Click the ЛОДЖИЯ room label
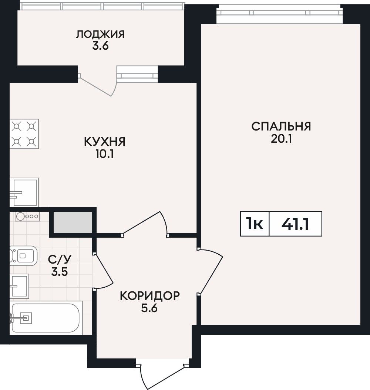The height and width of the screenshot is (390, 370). [100, 34]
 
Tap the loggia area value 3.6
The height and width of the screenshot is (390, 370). [101, 46]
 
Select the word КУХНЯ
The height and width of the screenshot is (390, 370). [105, 142]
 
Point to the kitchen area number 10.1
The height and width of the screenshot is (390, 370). [105, 155]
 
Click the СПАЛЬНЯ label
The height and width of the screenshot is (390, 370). [281, 126]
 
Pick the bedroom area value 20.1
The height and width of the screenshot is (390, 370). [281, 139]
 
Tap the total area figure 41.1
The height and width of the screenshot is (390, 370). [295, 224]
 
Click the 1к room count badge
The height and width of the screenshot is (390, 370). [254, 224]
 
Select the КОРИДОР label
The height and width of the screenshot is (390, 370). [150, 296]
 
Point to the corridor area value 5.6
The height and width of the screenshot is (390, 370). [149, 308]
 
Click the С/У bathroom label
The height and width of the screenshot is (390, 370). [60, 260]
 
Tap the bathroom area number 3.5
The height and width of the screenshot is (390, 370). [60, 272]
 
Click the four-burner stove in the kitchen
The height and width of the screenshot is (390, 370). [24, 134]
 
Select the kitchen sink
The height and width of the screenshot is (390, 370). [24, 192]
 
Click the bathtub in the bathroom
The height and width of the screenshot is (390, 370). [46, 318]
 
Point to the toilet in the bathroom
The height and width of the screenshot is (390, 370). [23, 256]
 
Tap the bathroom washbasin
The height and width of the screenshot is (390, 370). [19, 286]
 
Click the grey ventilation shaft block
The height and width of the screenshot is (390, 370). [73, 222]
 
